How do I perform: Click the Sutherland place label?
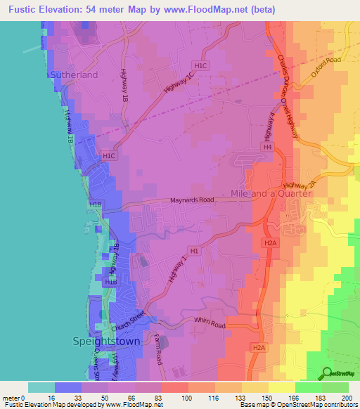coord(74,74)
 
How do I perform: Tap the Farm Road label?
coord(160,342)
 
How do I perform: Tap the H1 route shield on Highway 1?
coord(195,250)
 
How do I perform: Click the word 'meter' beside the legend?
coord(11,398)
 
